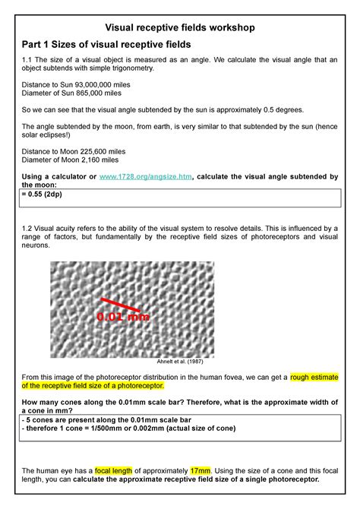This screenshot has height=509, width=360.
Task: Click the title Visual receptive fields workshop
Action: pyautogui.click(x=179, y=27)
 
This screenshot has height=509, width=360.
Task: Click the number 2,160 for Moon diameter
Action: pyautogui.click(x=102, y=160)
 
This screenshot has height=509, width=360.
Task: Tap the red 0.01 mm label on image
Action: pyautogui.click(x=123, y=315)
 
